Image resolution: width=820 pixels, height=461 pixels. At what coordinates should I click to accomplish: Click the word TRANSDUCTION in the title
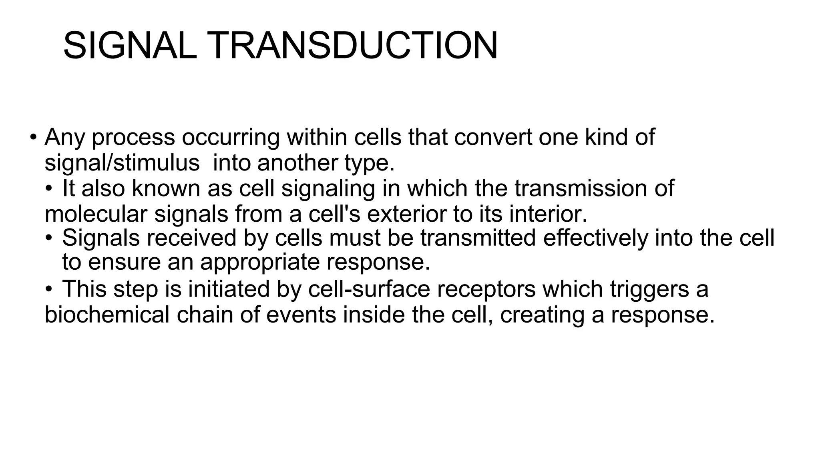352,46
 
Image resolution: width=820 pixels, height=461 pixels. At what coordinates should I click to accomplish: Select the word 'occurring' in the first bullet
231,138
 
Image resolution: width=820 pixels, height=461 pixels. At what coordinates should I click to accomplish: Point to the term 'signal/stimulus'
122,163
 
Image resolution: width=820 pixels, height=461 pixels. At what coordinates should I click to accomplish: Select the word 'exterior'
406,214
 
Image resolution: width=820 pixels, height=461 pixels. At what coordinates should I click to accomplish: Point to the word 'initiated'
229,289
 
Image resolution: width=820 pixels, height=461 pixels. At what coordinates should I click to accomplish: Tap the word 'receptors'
486,290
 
